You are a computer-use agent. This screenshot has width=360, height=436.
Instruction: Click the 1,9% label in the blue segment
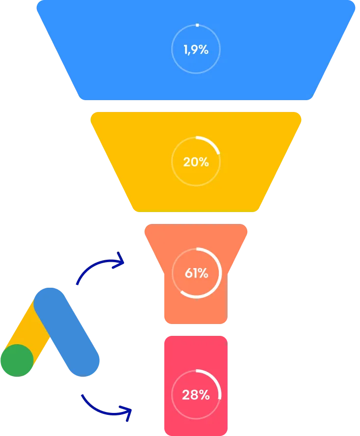pos(196,50)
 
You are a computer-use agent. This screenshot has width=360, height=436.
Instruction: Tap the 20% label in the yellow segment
pos(196,162)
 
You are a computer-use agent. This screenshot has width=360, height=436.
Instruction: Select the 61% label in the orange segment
pos(196,273)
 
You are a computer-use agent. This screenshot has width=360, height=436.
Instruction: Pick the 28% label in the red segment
pos(196,394)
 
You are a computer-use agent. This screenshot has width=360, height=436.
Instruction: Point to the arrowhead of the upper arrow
pos(120,260)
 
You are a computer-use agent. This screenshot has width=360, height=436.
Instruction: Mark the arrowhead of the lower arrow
pos(129,413)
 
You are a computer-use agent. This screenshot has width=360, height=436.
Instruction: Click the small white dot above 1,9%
pos(197,25)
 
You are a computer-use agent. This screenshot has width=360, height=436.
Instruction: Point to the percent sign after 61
pos(203,273)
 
